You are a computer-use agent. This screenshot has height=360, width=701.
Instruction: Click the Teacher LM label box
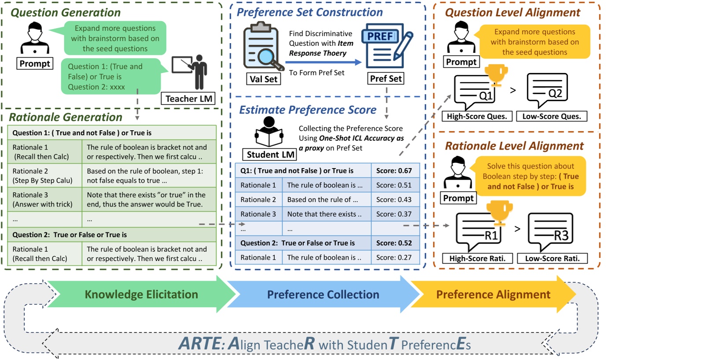click(x=189, y=99)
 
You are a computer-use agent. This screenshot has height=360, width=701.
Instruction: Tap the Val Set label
click(x=263, y=79)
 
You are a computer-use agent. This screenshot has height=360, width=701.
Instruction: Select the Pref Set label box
click(x=386, y=79)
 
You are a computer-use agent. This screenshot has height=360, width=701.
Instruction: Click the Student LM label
click(x=270, y=154)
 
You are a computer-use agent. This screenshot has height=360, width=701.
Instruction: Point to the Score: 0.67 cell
click(x=395, y=170)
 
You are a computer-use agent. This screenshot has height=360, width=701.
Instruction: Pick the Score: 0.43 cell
click(x=395, y=199)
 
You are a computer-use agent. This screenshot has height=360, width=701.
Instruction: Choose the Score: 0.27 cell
click(x=395, y=257)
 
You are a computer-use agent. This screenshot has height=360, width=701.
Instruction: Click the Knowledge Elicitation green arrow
click(x=141, y=294)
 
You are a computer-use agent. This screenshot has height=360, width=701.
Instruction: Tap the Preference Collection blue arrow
click(x=323, y=294)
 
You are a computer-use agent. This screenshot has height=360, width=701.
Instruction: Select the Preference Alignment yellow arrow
click(x=493, y=294)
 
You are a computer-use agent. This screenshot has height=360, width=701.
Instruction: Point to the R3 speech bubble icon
click(x=550, y=231)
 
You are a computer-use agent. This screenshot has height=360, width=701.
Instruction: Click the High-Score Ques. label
click(x=477, y=116)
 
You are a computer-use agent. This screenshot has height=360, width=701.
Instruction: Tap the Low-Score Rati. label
click(x=552, y=258)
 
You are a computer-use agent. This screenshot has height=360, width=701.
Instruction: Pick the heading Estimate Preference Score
click(x=308, y=110)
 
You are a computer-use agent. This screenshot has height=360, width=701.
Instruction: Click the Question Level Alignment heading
click(x=513, y=13)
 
